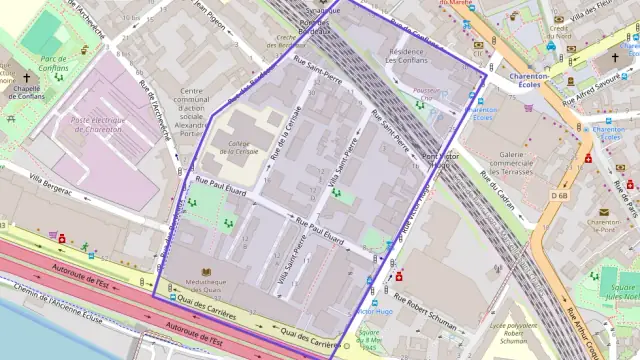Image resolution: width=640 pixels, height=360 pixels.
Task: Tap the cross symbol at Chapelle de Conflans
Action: [27, 77]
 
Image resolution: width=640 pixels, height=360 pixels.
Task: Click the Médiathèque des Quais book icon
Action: [207, 271]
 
